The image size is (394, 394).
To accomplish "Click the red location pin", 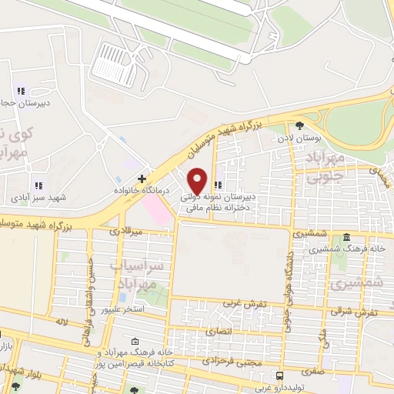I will pyautogui.click(x=198, y=181).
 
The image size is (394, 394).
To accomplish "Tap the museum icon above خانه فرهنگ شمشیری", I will pyautogui.click(x=347, y=237).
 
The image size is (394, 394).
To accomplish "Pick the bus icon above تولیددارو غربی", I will pyautogui.click(x=279, y=376).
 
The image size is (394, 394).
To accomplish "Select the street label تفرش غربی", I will pyautogui.click(x=245, y=303).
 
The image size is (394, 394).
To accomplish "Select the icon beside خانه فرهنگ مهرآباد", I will pyautogui.click(x=135, y=342).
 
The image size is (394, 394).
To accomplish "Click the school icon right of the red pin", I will pyautogui.click(x=219, y=185).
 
